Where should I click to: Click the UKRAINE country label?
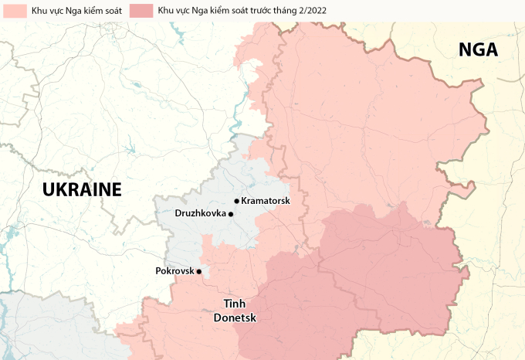[82, 189]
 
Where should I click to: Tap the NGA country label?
[479, 50]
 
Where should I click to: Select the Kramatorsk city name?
[266, 201]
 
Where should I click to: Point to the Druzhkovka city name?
[200, 213]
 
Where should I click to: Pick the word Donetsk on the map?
[235, 318]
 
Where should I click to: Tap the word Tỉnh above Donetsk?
[235, 304]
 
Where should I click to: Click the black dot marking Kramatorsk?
[236, 201]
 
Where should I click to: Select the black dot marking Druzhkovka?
[231, 214]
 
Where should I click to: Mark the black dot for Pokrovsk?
[198, 271]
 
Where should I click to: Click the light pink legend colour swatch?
[11, 11]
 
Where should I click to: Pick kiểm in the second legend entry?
[215, 11]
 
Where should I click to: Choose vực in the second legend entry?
[180, 11]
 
